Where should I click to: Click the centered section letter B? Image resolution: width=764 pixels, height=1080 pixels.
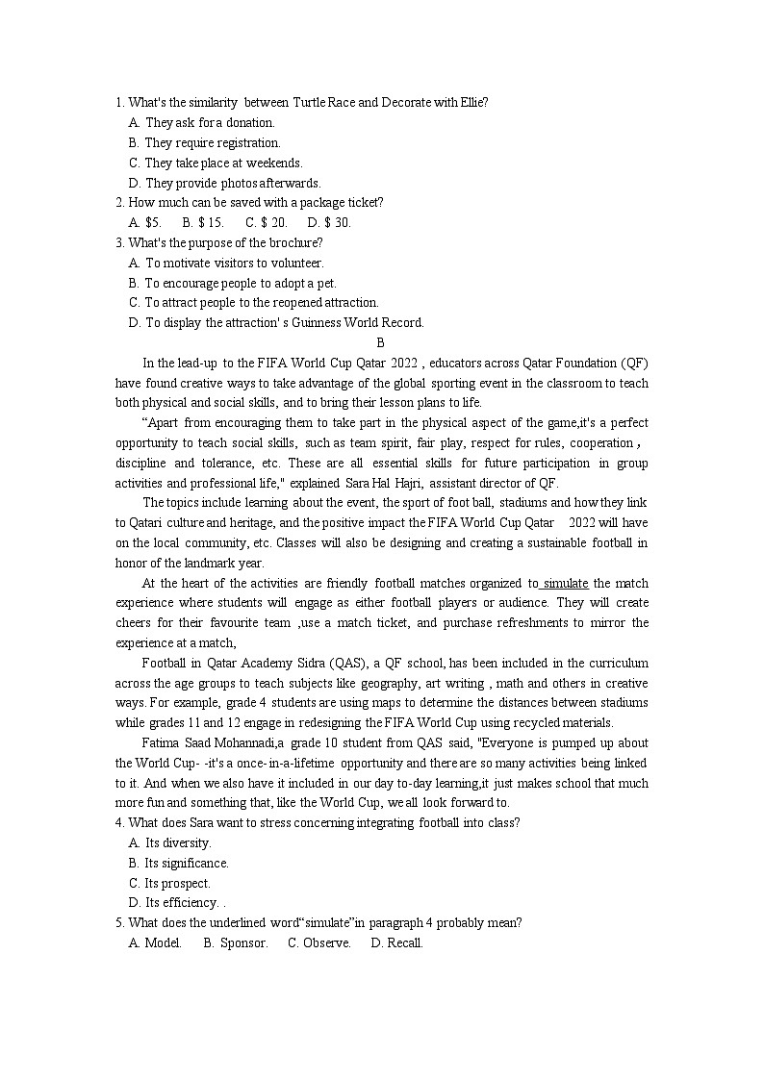380,342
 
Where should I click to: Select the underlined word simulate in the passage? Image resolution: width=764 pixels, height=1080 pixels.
566,583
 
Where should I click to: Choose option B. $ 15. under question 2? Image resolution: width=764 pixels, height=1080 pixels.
203,222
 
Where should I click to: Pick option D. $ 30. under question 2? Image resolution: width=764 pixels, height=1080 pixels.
330,222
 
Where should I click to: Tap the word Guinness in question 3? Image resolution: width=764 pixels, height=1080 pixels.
313,322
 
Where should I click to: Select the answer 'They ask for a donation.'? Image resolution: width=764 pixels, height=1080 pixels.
210,122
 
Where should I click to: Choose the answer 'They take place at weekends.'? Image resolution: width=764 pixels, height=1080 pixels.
223,163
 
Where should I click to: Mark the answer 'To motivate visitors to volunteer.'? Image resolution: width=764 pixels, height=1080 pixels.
234,263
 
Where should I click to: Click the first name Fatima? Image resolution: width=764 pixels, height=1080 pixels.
161,742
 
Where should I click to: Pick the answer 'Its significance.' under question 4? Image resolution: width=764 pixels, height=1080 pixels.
187,863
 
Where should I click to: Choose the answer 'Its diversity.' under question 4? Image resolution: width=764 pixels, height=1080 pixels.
178,842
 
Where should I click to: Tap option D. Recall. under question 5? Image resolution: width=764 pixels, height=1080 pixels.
396,942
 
